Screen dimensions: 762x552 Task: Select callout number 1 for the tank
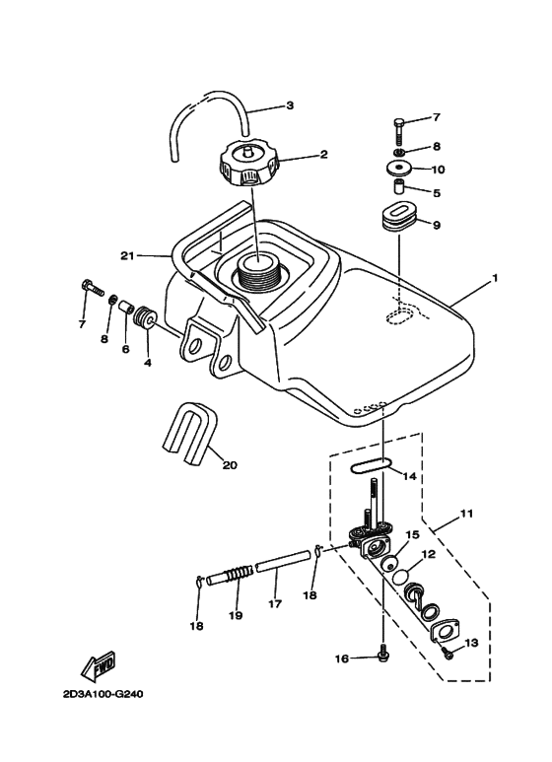click(495, 278)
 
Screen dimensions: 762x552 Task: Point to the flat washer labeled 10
click(398, 169)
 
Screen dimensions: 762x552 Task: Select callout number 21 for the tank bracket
click(126, 256)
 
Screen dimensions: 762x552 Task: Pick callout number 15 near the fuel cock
click(411, 533)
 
